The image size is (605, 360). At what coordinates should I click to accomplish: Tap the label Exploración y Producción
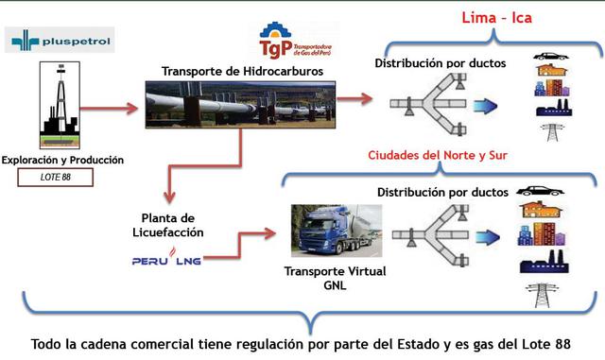pos(63,160)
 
